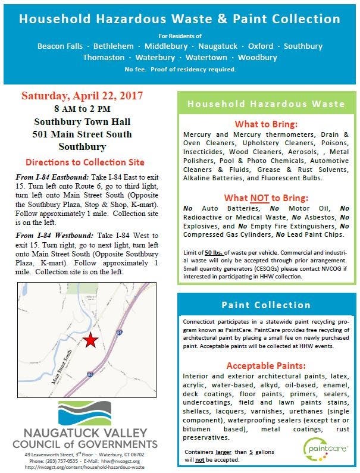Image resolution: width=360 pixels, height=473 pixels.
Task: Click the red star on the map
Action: tap(90, 340)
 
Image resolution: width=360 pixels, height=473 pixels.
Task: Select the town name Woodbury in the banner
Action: tap(258, 58)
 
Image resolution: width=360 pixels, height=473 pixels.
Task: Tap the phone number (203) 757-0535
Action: tap(58, 460)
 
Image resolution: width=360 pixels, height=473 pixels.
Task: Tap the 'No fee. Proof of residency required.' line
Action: tap(180, 70)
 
